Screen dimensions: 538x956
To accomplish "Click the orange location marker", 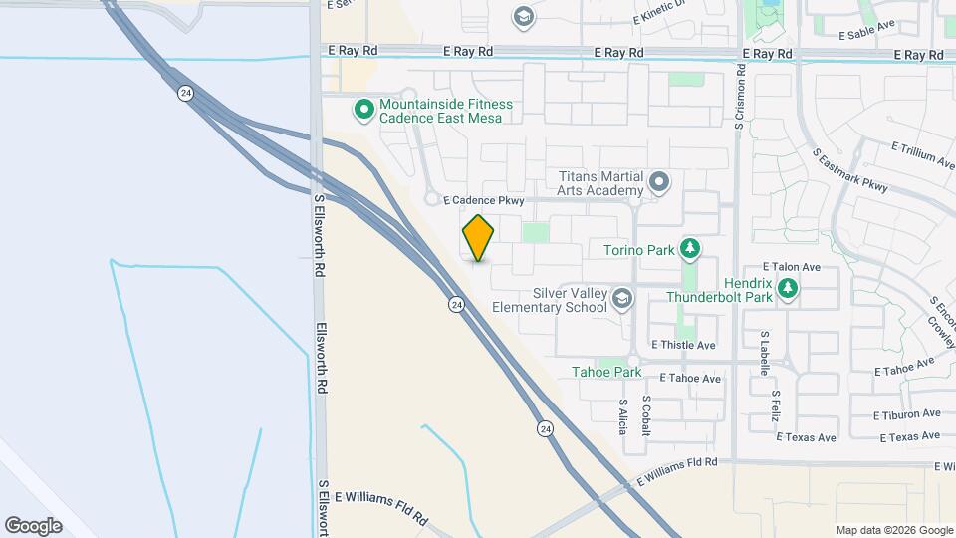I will pyautogui.click(x=479, y=238).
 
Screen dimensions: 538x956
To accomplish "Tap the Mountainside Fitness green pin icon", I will pyautogui.click(x=364, y=109).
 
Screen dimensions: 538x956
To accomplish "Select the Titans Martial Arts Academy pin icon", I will pyautogui.click(x=659, y=182).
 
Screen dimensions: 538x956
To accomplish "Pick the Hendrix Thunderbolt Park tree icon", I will pyautogui.click(x=788, y=289).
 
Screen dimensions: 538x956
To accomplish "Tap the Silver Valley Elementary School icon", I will pyautogui.click(x=622, y=299).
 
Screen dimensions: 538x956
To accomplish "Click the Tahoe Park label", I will pyautogui.click(x=606, y=372).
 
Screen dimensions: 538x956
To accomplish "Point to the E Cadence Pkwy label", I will pyautogui.click(x=483, y=201).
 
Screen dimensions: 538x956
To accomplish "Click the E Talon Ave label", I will pyautogui.click(x=791, y=267).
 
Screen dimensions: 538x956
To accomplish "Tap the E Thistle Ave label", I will pyautogui.click(x=683, y=345).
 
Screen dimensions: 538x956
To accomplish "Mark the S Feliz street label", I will pyautogui.click(x=776, y=405).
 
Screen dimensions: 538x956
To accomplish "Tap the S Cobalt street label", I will pyautogui.click(x=647, y=410).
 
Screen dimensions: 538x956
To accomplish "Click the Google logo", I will pyautogui.click(x=33, y=525).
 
